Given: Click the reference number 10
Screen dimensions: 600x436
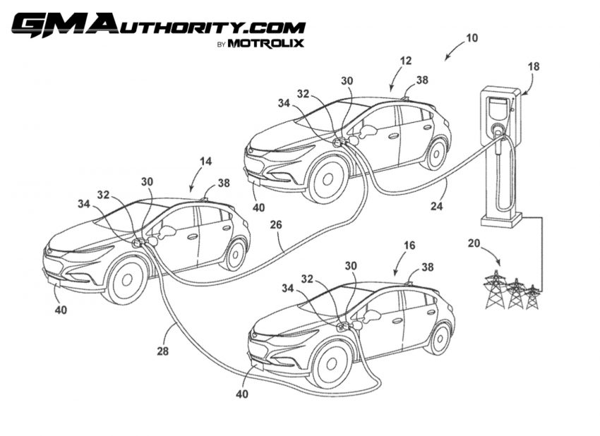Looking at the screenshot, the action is pyautogui.click(x=472, y=38).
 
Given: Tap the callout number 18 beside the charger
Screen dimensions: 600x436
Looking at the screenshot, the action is pyautogui.click(x=534, y=66).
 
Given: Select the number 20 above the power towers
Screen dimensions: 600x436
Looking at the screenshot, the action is pyautogui.click(x=474, y=243).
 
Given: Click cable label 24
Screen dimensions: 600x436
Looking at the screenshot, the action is pyautogui.click(x=437, y=207).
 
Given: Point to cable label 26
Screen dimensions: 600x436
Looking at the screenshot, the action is pyautogui.click(x=275, y=224).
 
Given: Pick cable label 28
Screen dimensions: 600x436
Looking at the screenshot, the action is pyautogui.click(x=162, y=351).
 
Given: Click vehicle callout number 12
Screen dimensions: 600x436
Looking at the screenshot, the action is pyautogui.click(x=406, y=61).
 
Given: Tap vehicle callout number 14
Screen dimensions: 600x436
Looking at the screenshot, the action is pyautogui.click(x=205, y=162).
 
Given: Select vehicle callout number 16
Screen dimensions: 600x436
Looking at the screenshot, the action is pyautogui.click(x=409, y=245).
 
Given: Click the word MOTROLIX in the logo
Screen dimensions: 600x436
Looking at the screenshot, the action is pyautogui.click(x=265, y=43).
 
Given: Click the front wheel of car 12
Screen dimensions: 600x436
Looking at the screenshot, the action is pyautogui.click(x=328, y=179).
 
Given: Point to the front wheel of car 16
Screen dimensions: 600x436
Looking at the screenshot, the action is pyautogui.click(x=330, y=364).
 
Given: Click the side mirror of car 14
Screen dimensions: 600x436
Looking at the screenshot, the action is pyautogui.click(x=167, y=232).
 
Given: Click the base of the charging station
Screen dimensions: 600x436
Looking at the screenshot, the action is pyautogui.click(x=501, y=221).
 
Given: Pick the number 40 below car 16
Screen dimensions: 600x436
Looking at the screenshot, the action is pyautogui.click(x=242, y=394).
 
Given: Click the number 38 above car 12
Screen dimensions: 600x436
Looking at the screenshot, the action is pyautogui.click(x=422, y=80).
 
